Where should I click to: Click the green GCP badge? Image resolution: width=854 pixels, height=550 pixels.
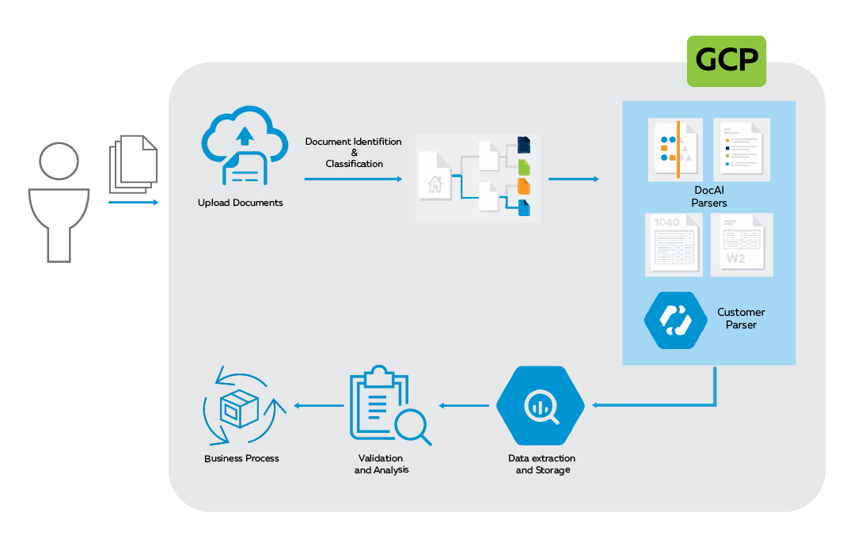pyautogui.click(x=726, y=60)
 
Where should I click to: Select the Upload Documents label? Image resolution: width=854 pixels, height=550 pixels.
pyautogui.click(x=240, y=203)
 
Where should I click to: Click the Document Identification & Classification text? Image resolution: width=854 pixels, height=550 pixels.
pyautogui.click(x=354, y=153)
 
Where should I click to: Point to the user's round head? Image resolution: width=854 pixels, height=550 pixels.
pyautogui.click(x=59, y=161)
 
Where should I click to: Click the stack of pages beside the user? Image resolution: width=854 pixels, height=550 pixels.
pyautogui.click(x=133, y=164)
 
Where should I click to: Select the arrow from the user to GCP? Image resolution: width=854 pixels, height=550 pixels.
pyautogui.click(x=133, y=203)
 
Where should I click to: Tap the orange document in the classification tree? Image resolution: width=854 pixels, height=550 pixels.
pyautogui.click(x=523, y=187)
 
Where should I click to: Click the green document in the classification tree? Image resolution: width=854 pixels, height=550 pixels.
pyautogui.click(x=523, y=166)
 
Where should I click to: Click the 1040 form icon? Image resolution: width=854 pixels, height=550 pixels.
pyautogui.click(x=673, y=245)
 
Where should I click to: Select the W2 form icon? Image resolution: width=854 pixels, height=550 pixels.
pyautogui.click(x=741, y=245)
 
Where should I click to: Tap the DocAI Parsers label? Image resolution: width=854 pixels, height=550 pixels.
pyautogui.click(x=708, y=197)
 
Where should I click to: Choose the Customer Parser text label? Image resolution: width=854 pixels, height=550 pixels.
pyautogui.click(x=741, y=318)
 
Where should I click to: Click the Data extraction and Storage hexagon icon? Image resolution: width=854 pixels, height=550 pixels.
pyautogui.click(x=541, y=405)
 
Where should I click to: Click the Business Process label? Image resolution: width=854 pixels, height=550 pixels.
pyautogui.click(x=241, y=458)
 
